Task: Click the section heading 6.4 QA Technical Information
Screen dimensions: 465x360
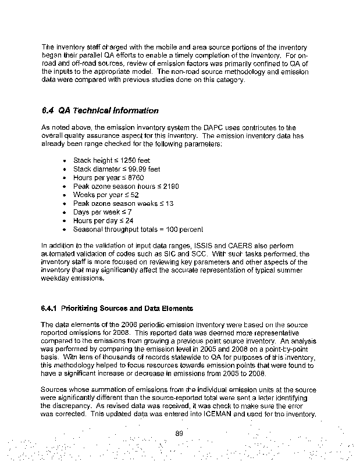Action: coord(99,110)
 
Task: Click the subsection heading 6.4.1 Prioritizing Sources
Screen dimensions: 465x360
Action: coord(117,307)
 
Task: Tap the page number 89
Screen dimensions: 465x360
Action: coord(180,432)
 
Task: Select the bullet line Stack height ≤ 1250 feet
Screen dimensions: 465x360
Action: coord(107,160)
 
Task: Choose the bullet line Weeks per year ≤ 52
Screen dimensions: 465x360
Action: coord(106,195)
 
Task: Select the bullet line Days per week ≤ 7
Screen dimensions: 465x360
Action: coord(102,212)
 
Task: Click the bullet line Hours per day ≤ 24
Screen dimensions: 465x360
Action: coord(103,221)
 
